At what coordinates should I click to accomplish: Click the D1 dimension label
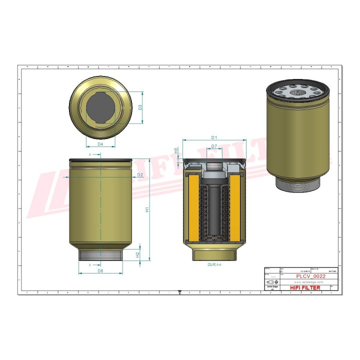coord(213,137)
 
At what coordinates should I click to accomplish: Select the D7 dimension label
coord(213,146)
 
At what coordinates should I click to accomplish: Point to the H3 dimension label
coord(176,150)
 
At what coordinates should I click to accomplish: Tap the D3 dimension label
coord(140,107)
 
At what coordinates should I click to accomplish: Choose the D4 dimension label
coord(100,144)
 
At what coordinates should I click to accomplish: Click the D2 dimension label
coord(140,174)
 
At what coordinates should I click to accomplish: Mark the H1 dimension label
coord(147,210)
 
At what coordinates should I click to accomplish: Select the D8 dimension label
coord(100,270)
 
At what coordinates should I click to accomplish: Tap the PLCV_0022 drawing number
coord(311,276)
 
